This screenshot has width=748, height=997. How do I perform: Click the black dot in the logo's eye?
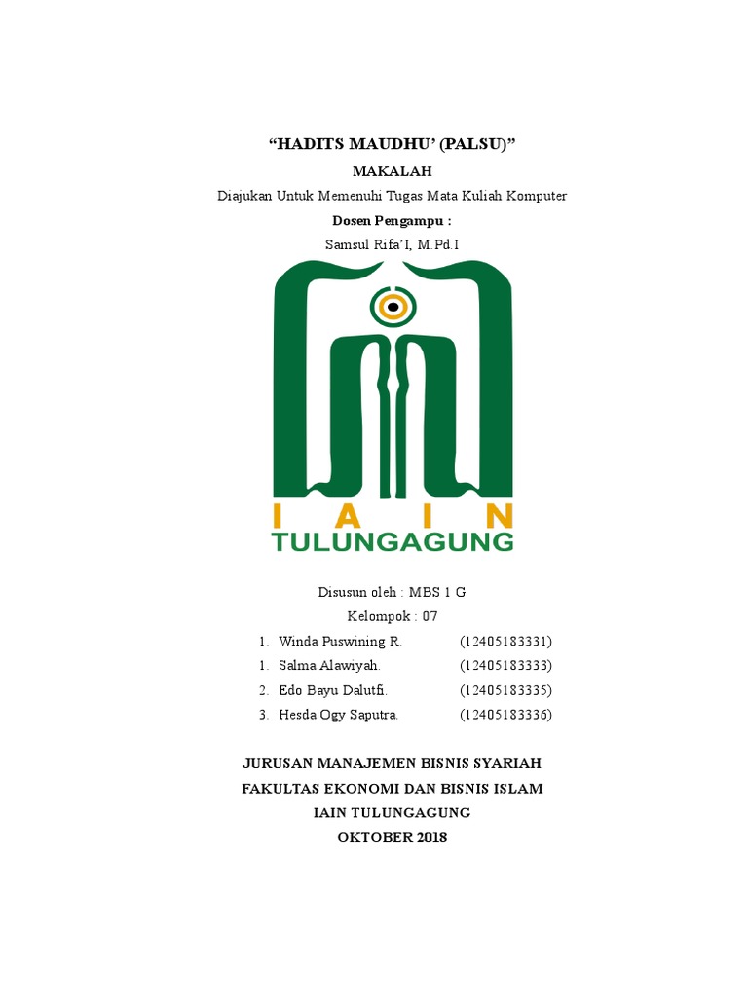click(x=393, y=308)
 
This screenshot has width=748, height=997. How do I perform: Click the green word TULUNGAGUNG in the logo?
click(x=393, y=541)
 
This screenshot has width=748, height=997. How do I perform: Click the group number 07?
click(x=430, y=616)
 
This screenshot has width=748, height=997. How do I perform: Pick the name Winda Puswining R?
click(x=340, y=642)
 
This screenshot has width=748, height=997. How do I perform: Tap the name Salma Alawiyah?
click(x=329, y=666)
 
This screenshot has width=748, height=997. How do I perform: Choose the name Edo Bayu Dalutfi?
click(x=333, y=690)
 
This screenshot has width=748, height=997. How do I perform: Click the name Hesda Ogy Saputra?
click(x=338, y=715)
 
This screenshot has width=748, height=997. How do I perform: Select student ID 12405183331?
click(x=505, y=642)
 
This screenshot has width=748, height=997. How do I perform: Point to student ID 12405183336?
click(x=505, y=715)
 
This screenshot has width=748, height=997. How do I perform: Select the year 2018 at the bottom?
click(x=429, y=836)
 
